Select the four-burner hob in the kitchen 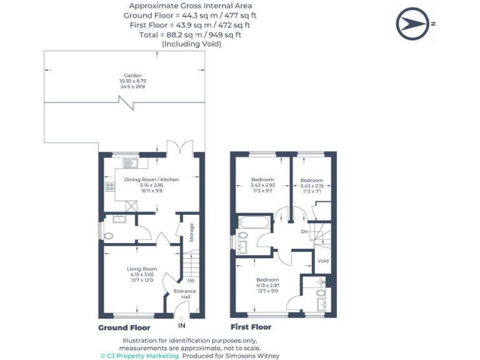click(x=109, y=186)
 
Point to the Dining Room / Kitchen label click(x=151, y=179)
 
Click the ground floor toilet click(x=109, y=236)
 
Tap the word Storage click(x=192, y=232)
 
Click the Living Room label click(x=142, y=269)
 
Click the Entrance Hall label click(x=186, y=294)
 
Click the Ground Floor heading click(x=124, y=327)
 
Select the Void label click(x=323, y=261)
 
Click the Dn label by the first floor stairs click(x=304, y=231)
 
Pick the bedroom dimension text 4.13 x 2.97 click(x=267, y=285)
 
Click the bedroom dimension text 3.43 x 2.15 click(x=311, y=186)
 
